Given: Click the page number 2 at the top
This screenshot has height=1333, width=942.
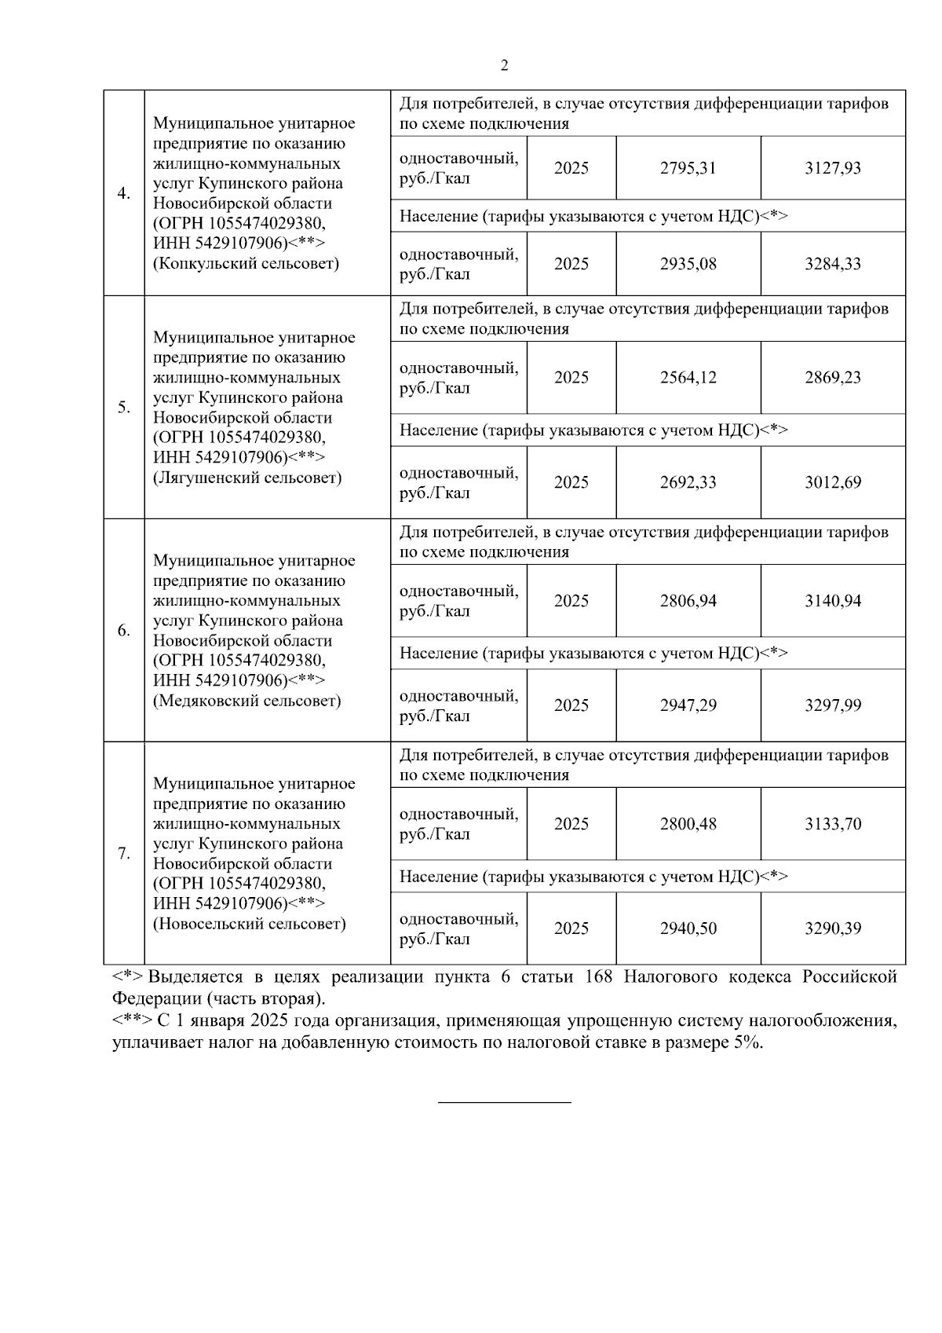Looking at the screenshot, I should click(x=504, y=66).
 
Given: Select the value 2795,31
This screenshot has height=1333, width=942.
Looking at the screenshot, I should click(x=688, y=168).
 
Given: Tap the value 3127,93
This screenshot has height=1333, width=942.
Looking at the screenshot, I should click(x=832, y=168).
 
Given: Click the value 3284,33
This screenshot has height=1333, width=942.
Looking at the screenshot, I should click(x=832, y=264).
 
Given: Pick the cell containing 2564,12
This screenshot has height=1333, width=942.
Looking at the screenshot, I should click(x=688, y=378).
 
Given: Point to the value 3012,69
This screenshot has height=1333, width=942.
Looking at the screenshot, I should click(x=832, y=482).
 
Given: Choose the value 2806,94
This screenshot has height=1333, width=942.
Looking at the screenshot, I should click(x=688, y=601).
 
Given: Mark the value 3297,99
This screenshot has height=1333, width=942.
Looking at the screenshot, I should click(x=832, y=705).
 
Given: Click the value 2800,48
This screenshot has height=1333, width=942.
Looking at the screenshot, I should click(x=688, y=824).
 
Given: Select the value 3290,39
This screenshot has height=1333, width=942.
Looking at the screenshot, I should click(x=832, y=928).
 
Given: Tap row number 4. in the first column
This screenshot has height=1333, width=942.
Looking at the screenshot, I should click(x=124, y=194).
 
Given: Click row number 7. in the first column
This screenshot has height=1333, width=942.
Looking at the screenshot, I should click(x=124, y=854).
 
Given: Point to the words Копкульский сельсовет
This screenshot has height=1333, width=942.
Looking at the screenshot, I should click(x=246, y=264).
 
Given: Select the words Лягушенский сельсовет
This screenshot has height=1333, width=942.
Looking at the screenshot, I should click(x=247, y=478).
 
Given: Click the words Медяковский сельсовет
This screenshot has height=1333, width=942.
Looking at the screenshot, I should click(x=247, y=701).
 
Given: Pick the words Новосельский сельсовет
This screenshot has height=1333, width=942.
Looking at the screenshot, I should click(x=250, y=924).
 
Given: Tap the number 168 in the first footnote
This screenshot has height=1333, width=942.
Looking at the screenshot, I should click(x=599, y=977).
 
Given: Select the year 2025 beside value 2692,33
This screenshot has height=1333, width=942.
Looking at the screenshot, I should click(x=571, y=482).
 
